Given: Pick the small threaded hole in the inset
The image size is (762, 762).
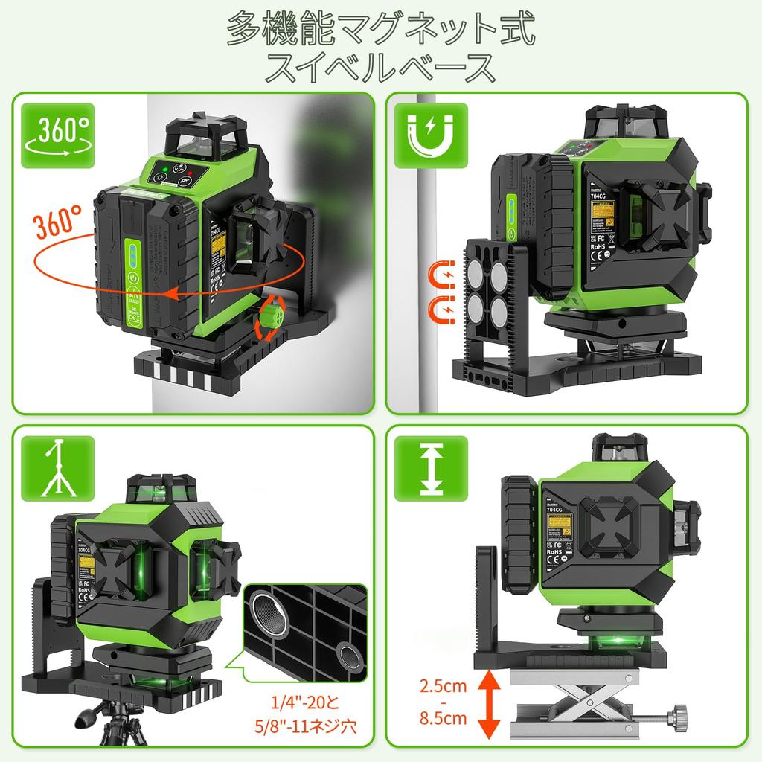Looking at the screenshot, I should (x=348, y=655).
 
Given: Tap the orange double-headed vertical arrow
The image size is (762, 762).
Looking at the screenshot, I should (x=489, y=702).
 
